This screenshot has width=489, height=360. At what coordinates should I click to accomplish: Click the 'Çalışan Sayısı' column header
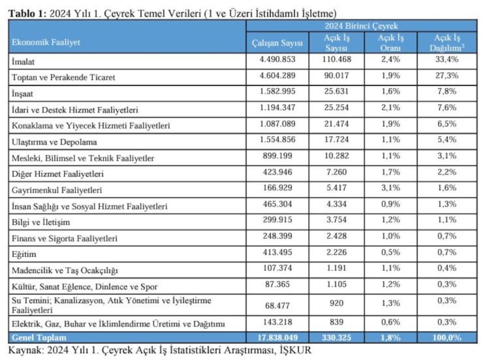278,43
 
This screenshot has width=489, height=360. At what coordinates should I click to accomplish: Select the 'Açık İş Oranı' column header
390,42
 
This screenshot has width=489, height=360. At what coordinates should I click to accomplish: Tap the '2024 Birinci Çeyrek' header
361,26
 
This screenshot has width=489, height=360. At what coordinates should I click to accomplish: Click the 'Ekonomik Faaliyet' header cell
46,43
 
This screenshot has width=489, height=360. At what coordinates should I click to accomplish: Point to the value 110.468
336,59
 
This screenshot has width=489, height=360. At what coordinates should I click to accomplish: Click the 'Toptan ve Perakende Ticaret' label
64,78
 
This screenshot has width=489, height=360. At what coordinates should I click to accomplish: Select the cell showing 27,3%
448,76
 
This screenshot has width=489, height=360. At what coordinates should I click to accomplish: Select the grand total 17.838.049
278,337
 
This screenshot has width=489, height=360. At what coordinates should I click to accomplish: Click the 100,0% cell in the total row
448,337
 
